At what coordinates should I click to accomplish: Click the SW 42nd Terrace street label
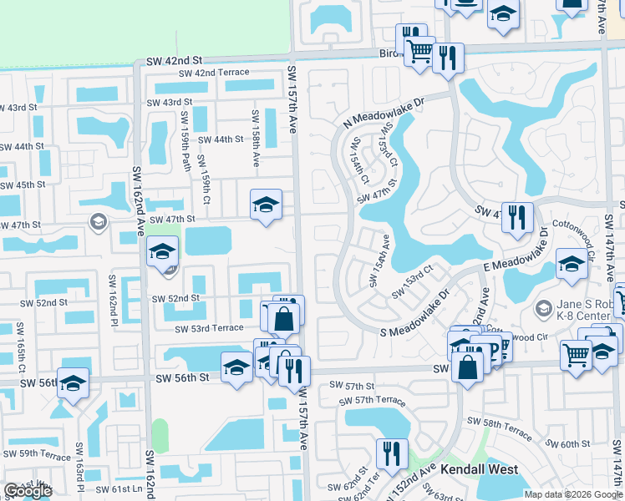coord(210,73)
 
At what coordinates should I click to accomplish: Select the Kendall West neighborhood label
coord(480,470)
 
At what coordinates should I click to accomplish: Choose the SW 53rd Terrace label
coord(209,329)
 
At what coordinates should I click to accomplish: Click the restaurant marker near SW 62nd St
coord(392,453)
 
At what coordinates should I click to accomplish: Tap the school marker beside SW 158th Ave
coord(266,204)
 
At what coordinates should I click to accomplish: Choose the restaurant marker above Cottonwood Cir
coord(517,218)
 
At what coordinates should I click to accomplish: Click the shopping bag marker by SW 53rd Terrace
coord(283,317)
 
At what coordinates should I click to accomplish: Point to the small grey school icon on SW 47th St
coord(98,221)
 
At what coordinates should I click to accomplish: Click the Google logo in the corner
coord(28,491)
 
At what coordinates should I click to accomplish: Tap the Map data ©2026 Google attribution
coord(572,494)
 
